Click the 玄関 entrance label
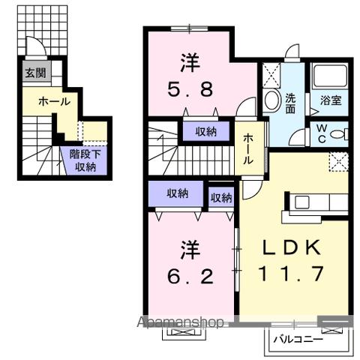point(31,73)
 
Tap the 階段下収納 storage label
point(85,160)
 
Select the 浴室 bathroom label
point(330,99)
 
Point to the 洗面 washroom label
point(291,102)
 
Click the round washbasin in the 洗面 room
point(270,101)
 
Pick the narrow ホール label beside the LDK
point(248,148)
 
